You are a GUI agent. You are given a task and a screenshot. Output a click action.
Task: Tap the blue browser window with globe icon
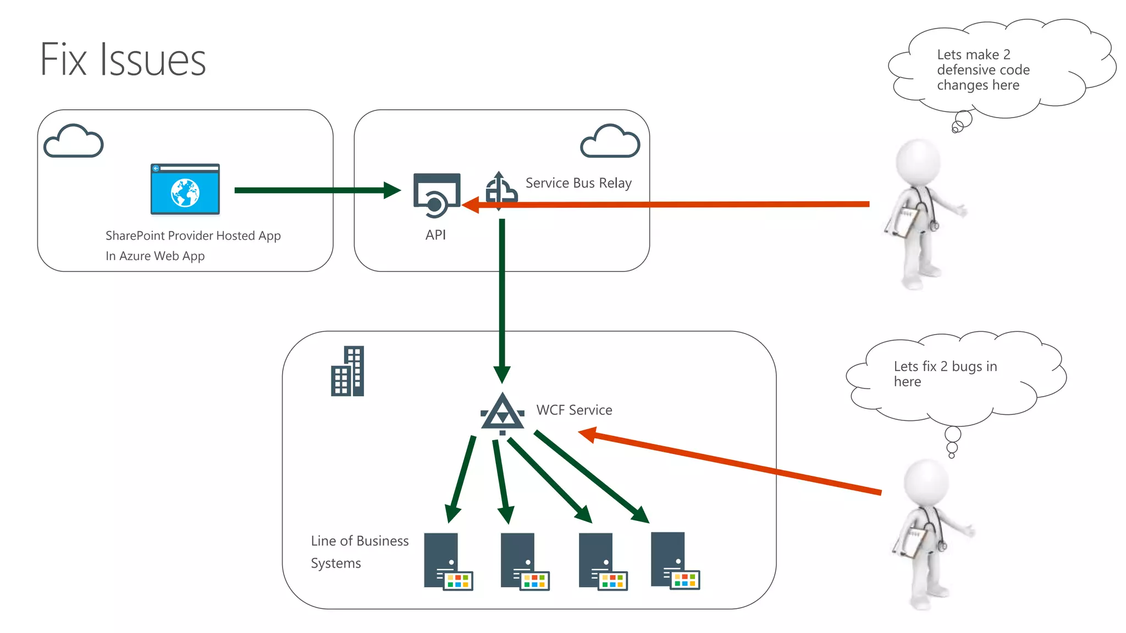click(x=185, y=190)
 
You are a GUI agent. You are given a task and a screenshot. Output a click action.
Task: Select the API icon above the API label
click(x=437, y=196)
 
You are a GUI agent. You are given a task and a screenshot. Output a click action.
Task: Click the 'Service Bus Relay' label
click(x=578, y=183)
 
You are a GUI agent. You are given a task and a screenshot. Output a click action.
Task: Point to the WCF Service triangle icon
click(x=502, y=413)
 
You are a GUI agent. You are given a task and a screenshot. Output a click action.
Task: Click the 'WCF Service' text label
click(x=574, y=410)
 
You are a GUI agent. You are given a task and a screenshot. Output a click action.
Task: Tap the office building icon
click(x=347, y=371)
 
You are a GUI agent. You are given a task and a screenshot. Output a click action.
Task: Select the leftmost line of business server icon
click(x=447, y=561)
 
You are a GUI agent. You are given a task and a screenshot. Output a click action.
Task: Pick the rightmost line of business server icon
click(x=674, y=560)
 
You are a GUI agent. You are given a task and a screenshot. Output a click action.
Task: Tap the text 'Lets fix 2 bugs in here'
click(x=945, y=374)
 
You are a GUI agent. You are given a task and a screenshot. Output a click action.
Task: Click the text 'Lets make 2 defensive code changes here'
click(x=983, y=70)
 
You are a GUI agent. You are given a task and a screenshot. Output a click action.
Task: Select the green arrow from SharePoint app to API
click(x=313, y=191)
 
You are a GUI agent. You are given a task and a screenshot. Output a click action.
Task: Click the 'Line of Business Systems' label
click(x=359, y=552)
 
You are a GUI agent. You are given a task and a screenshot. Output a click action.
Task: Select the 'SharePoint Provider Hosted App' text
click(x=193, y=236)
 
